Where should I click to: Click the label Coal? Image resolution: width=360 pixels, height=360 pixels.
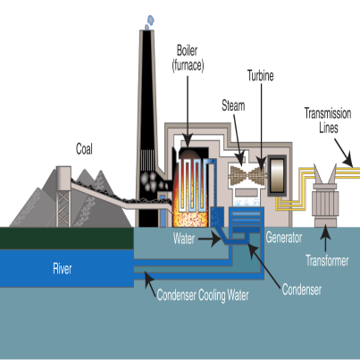pos(84,149)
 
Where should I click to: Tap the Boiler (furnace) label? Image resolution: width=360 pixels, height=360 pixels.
pos(188,58)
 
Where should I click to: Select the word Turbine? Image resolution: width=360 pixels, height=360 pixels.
pos(261,76)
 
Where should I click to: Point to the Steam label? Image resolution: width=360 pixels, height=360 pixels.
pos(233,105)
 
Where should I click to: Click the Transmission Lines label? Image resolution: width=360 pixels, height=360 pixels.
pos(328,121)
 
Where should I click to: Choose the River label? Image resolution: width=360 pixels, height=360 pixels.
pos(63,269)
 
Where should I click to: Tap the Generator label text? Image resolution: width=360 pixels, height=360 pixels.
pos(284,238)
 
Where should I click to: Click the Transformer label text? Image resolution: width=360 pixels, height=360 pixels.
pos(327,261)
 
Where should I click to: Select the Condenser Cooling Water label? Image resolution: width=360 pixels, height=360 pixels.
pos(203,295)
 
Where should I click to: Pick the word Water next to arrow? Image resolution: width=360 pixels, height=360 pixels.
pos(184,239)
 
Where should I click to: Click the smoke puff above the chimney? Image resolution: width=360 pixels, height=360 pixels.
pos(149,22)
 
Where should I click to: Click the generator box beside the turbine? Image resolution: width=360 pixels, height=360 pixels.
pos(277,175)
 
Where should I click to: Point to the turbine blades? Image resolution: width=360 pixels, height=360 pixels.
pos(247,175)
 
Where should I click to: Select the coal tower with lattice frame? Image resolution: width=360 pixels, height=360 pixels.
pos(63,197)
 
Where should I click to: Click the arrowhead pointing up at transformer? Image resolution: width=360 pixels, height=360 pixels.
pos(325,230)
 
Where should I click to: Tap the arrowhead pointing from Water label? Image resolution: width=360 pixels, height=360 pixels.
pos(216,239)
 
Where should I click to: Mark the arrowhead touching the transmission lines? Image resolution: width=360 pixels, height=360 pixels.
pos(347,163)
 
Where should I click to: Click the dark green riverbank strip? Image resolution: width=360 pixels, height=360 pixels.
pos(67,239)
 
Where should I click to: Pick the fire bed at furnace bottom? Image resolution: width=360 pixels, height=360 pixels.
pos(189,219)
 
